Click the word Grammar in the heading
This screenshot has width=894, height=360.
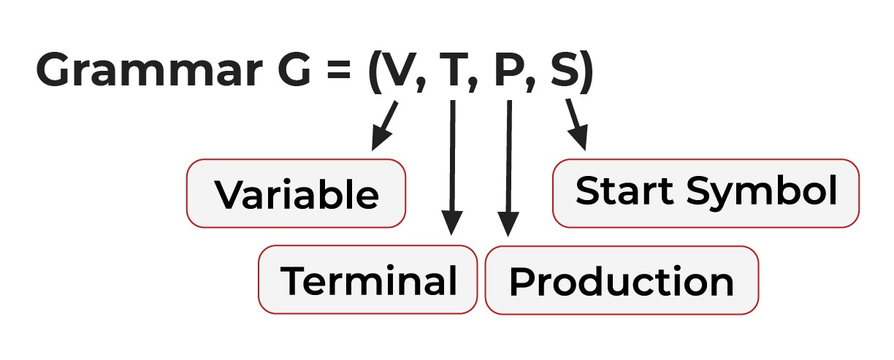149,69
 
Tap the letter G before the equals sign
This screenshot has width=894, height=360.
294,69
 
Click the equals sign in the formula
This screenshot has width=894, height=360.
338,69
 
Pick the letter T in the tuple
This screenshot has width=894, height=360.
454,69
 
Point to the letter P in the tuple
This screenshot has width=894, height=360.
510,69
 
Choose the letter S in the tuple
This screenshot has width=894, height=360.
565,69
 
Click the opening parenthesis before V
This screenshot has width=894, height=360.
375,72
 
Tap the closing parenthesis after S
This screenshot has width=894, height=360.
587,72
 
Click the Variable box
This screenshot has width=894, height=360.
296,194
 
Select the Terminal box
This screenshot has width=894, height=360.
367,280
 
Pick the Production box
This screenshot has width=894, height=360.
622,280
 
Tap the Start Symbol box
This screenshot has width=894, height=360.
706,194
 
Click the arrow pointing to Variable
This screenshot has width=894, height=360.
384,126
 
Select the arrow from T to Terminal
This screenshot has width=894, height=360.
452,168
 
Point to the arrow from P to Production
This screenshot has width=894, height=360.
509,169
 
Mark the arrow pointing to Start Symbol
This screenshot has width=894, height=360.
577,125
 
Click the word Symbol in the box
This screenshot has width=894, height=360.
762,192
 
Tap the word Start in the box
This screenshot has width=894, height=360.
624,191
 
